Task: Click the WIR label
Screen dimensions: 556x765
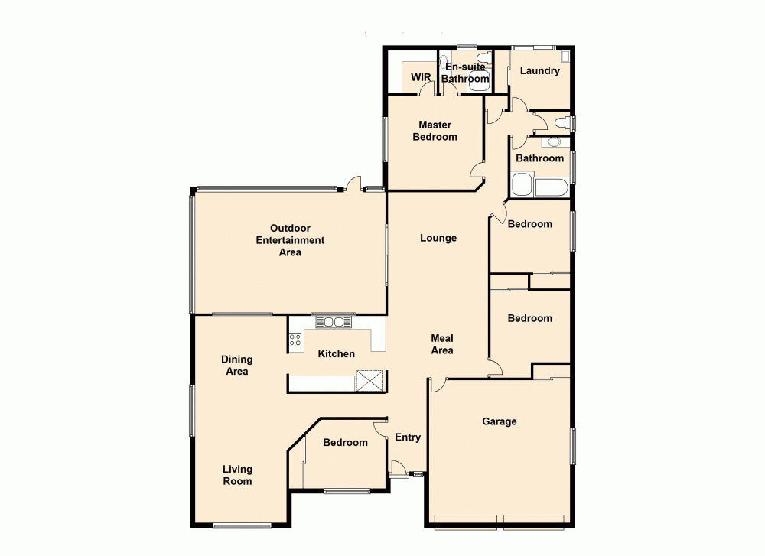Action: (x=421, y=77)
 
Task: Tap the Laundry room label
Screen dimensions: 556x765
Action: (x=539, y=71)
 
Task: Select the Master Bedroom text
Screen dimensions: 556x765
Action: (x=435, y=131)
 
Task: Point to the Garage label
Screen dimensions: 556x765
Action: (x=499, y=421)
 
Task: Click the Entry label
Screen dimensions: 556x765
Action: (x=408, y=437)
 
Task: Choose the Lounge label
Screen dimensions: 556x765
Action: (x=438, y=238)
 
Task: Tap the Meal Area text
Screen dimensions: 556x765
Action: (x=442, y=344)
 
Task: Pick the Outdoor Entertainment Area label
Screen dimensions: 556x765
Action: (x=290, y=240)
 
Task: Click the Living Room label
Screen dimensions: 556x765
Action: (x=237, y=475)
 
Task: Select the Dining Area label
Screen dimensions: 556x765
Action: (x=236, y=365)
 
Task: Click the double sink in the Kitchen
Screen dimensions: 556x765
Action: (x=333, y=322)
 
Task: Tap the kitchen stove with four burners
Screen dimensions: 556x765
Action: (x=295, y=340)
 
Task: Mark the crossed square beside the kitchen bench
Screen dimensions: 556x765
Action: (x=370, y=380)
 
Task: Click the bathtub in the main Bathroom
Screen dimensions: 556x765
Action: (x=551, y=188)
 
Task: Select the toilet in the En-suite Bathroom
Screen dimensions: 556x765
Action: (x=483, y=58)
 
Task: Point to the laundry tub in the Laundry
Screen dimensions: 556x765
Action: (x=565, y=56)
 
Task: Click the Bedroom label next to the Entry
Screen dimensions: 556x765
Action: (x=345, y=442)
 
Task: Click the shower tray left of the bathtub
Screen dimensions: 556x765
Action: (x=522, y=185)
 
